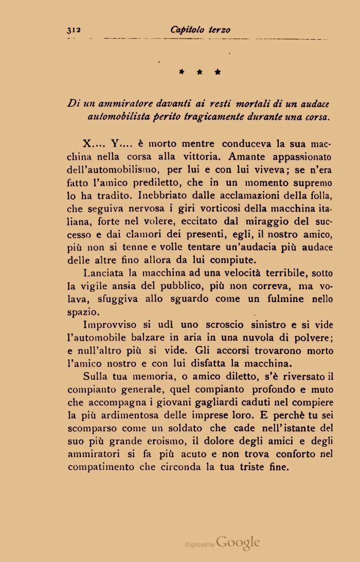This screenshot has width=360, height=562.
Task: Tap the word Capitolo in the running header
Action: [188, 30]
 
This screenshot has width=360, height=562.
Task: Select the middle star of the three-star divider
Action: [200, 73]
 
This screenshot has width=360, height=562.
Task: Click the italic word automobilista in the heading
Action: [116, 117]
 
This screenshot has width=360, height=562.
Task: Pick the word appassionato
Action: [301, 156]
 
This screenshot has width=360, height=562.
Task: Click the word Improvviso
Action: [110, 326]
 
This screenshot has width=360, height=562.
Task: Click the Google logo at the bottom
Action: [238, 542]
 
